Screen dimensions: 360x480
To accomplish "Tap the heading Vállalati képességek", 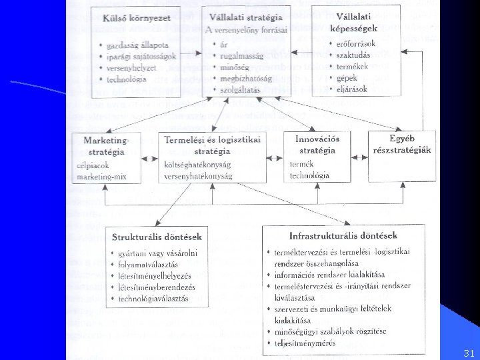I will tap(353, 22).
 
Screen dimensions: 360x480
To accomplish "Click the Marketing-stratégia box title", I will tap(107, 145).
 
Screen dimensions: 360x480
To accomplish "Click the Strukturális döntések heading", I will tap(157, 237).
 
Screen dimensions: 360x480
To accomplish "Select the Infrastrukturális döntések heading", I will tap(343, 235).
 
